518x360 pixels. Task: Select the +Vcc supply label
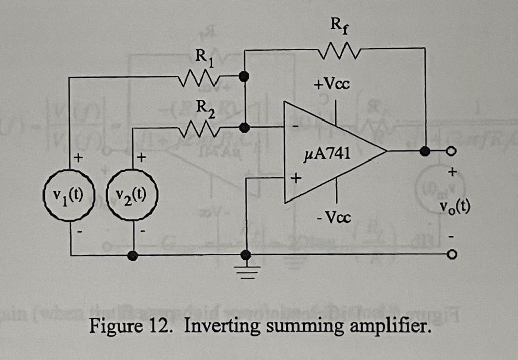click(x=331, y=84)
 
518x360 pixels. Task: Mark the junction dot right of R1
click(x=244, y=76)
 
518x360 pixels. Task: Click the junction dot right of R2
click(x=244, y=128)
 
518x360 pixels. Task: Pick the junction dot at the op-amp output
click(x=425, y=150)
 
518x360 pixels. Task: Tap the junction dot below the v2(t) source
click(x=133, y=256)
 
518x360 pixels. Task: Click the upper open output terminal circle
click(x=453, y=150)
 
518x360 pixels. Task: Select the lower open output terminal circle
click(x=453, y=255)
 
